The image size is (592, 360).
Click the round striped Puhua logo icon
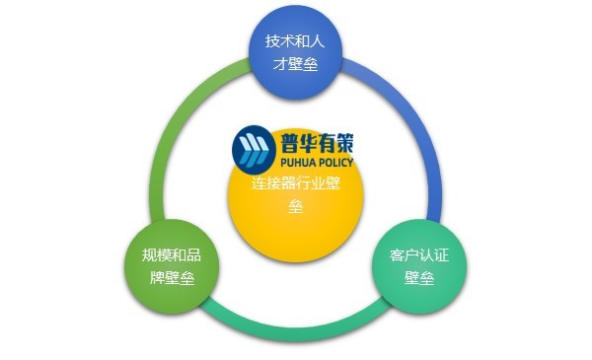(x=254, y=148)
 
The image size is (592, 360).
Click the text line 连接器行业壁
(x=296, y=183)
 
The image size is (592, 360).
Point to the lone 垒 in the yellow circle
(x=296, y=207)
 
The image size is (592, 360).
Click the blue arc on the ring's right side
(x=426, y=148)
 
